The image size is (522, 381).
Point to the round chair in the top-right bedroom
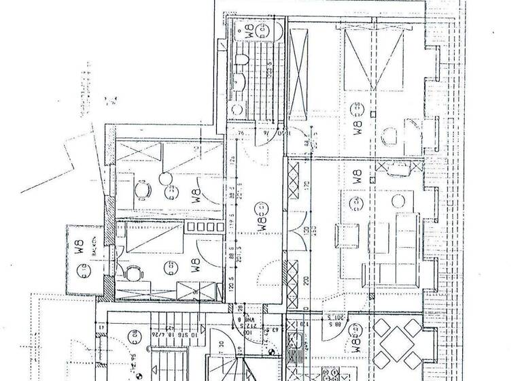point(389,136)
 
